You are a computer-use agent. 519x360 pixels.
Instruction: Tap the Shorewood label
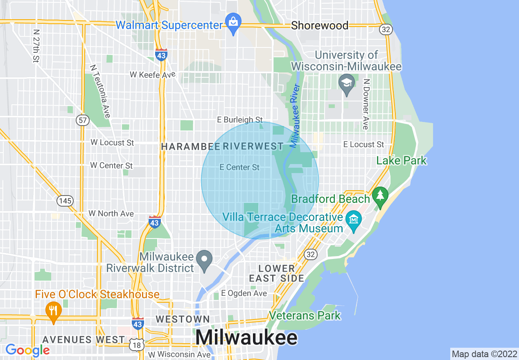[320, 25]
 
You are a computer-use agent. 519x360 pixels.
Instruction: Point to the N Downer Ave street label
[366, 104]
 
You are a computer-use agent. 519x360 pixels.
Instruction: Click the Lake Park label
[401, 160]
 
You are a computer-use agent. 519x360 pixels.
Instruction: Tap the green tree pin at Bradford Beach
[381, 196]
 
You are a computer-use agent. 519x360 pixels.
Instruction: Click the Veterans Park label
[305, 315]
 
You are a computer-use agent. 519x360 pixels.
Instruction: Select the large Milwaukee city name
[246, 338]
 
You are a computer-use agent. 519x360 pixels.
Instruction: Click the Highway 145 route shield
[65, 201]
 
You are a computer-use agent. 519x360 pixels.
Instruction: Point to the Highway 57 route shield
[82, 120]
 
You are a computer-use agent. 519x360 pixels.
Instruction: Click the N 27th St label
[36, 46]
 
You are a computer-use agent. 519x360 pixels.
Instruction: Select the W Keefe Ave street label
[152, 74]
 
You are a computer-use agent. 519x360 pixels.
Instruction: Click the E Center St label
[239, 167]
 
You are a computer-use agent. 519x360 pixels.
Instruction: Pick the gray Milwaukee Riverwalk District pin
[204, 259]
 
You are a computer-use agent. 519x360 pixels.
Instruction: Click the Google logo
[27, 350]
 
